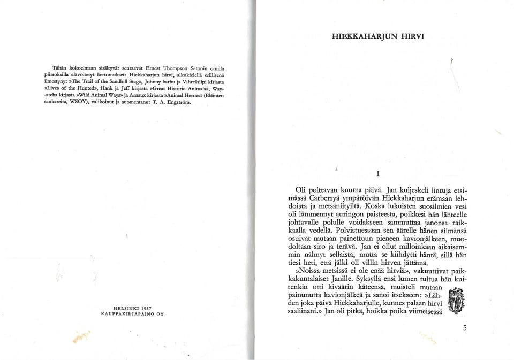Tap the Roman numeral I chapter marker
click(378, 173)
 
